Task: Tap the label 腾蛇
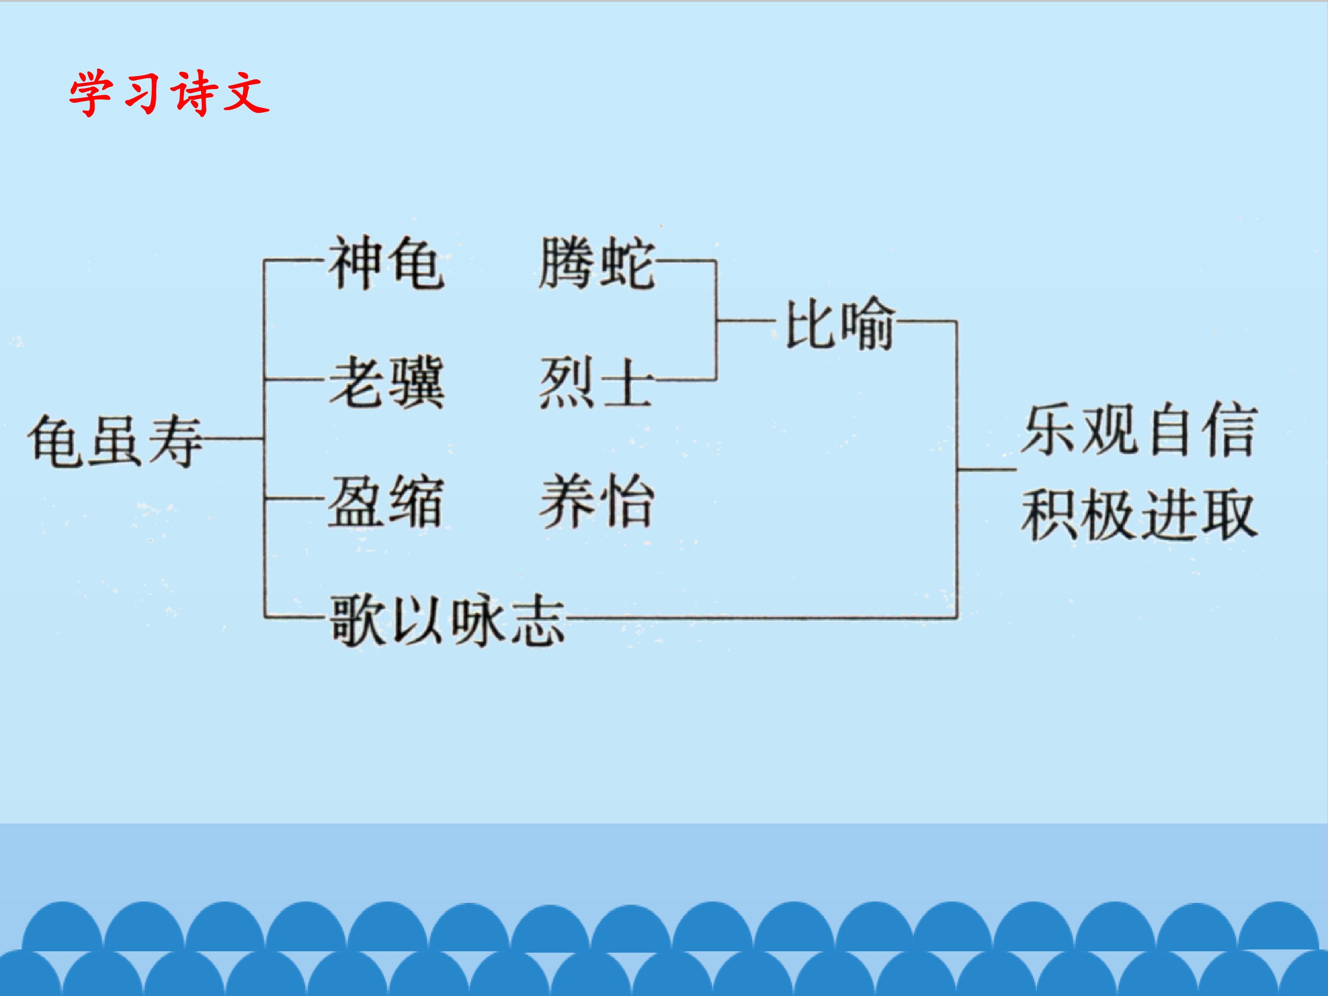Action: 596,263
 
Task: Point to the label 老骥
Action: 386,382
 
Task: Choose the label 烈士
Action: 596,382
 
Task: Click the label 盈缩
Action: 386,502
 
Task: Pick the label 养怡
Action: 596,502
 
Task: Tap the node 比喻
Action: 840,322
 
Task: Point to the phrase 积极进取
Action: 1139,515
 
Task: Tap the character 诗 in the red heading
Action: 193,94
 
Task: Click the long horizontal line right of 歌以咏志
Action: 761,617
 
